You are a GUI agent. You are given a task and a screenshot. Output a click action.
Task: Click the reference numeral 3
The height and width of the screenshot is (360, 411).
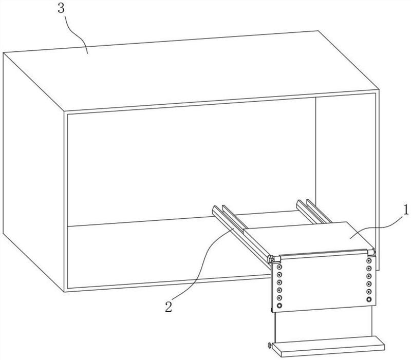coord(61,8)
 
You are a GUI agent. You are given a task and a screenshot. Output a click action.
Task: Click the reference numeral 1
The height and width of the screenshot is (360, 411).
coord(406,210)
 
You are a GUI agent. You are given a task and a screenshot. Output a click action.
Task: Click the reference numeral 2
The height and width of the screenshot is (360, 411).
coord(169,306)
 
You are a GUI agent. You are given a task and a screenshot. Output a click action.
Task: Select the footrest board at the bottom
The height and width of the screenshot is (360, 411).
coord(328,346)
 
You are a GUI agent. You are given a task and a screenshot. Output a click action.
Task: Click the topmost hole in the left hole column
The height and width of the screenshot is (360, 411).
coord(279,267)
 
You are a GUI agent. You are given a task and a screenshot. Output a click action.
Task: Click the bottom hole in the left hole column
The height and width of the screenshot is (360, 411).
coord(279,306)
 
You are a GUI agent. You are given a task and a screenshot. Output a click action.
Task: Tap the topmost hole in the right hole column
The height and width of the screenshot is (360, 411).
coord(369,261)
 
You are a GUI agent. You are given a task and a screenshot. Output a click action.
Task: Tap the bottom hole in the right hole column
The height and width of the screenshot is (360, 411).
coord(369,299)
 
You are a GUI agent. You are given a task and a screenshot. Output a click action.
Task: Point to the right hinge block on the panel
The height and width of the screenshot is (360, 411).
coord(371,253)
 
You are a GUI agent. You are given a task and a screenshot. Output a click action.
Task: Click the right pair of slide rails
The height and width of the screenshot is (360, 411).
coord(314,212)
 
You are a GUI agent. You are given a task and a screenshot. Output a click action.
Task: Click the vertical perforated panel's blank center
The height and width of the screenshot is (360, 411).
coord(324,283)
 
